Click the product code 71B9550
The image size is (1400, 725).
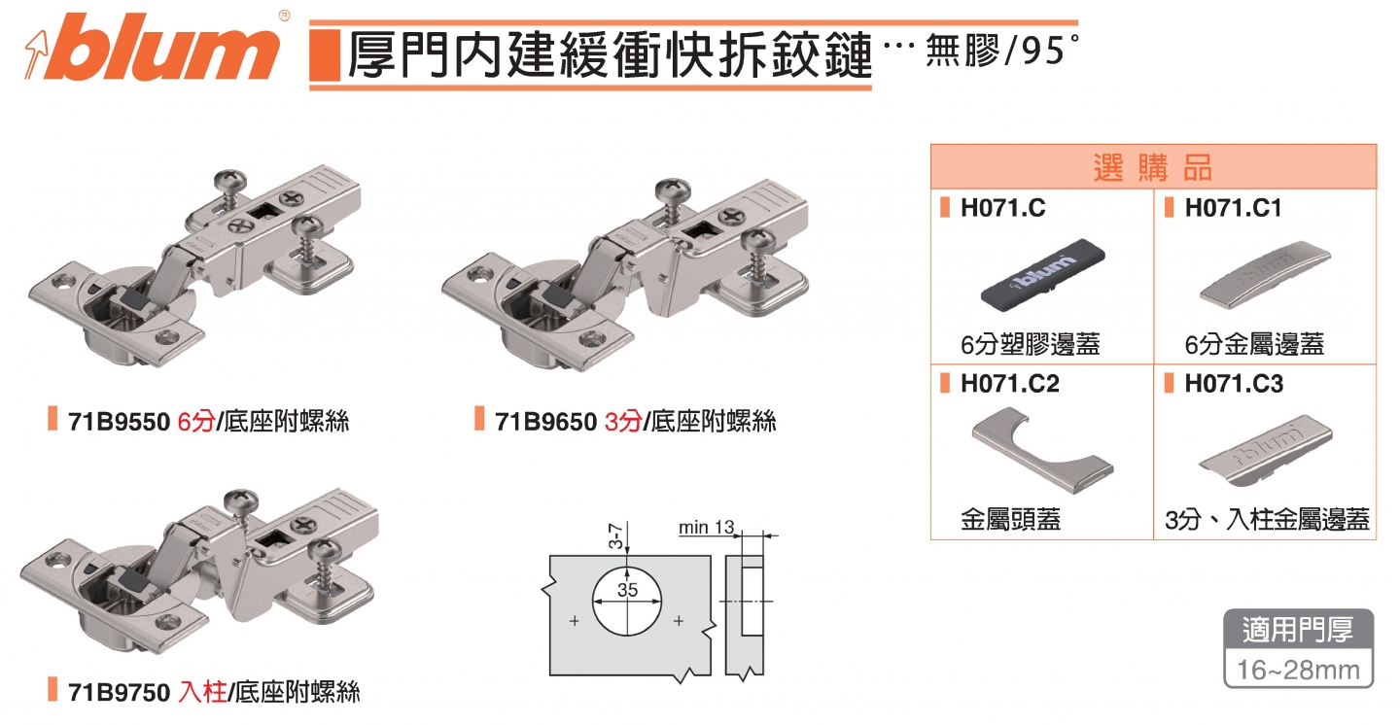pyautogui.click(x=119, y=422)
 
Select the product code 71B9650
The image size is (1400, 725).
pyautogui.click(x=545, y=422)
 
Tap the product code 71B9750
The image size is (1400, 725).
pyautogui.click(x=119, y=692)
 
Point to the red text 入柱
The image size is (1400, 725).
pyautogui.click(x=202, y=692)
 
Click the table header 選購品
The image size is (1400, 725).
pyautogui.click(x=1153, y=167)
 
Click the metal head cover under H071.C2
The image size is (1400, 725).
pyautogui.click(x=1042, y=449)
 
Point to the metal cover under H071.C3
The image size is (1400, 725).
pyautogui.click(x=1266, y=449)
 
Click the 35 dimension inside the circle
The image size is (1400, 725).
pyautogui.click(x=627, y=590)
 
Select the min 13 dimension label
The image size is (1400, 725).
pyautogui.click(x=706, y=528)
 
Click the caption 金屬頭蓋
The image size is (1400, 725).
pyautogui.click(x=1010, y=520)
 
